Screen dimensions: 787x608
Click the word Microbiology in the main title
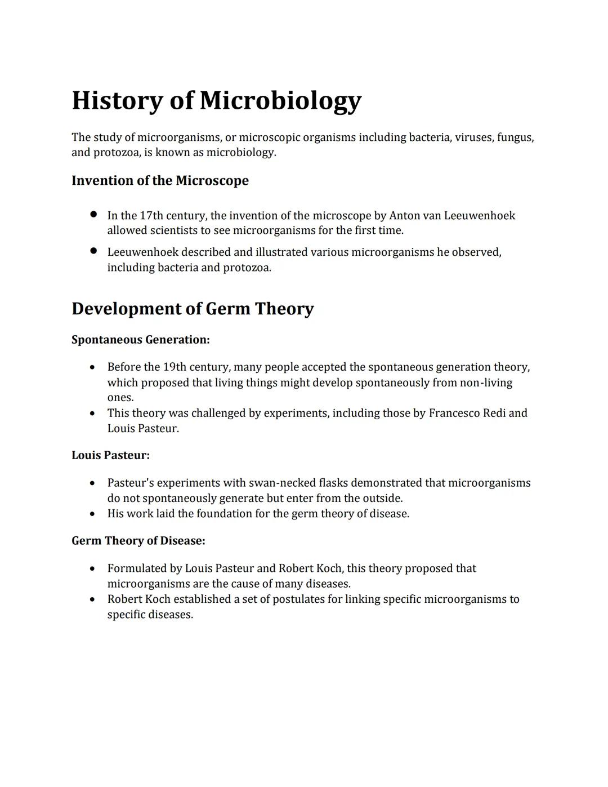[x=280, y=101]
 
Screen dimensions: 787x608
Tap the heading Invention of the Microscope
[x=160, y=181]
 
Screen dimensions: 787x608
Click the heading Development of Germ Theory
[x=193, y=309]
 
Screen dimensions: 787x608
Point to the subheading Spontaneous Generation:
[x=140, y=340]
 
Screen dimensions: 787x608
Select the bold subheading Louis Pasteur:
[x=110, y=455]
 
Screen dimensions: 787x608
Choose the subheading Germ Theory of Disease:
[x=138, y=541]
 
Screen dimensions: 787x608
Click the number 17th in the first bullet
[x=151, y=216]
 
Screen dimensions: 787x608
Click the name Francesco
[x=454, y=413]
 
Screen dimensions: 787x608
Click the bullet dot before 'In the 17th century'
[x=93, y=215]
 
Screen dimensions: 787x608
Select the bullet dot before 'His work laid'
[x=92, y=514]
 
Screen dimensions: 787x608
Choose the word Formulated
[x=137, y=568]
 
